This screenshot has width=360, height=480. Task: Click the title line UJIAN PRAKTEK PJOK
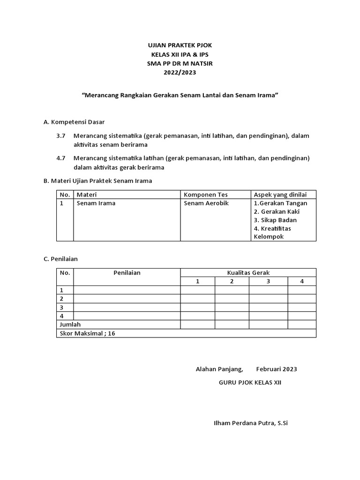coord(180,45)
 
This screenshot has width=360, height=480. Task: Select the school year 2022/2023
coord(180,72)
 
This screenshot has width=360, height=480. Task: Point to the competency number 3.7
coord(60,136)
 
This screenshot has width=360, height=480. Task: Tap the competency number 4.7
coord(60,158)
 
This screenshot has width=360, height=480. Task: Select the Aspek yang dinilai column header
coord(280,195)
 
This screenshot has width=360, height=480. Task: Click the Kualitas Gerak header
coord(248,272)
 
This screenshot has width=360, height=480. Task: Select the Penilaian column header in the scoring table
coord(127,272)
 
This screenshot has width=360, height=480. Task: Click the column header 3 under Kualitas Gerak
coord(268,281)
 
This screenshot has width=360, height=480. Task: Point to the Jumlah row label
coord(70,324)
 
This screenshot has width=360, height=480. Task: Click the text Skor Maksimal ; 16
coord(87,333)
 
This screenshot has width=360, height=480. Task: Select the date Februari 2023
coord(277,369)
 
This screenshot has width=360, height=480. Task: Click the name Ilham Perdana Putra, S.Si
coord(250,423)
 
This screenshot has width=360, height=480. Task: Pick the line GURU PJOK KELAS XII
coord(250,382)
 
